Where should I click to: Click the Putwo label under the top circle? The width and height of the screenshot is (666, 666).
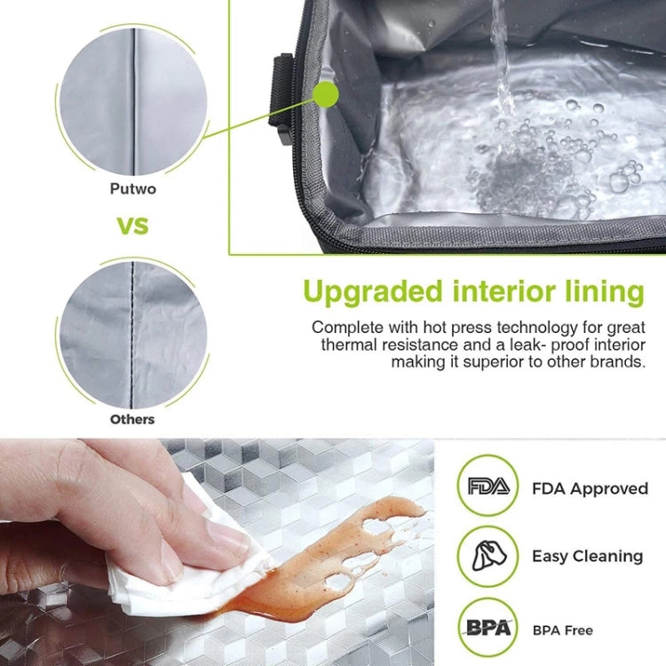(x=132, y=188)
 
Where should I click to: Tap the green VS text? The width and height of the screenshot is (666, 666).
(x=133, y=225)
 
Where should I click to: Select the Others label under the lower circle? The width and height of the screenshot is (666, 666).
(x=132, y=418)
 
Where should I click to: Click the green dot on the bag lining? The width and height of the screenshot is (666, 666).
(x=325, y=93)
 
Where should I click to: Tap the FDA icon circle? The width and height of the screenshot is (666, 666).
(x=487, y=487)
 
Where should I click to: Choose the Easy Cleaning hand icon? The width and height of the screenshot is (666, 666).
(x=487, y=556)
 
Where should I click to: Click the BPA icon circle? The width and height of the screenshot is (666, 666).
(x=487, y=627)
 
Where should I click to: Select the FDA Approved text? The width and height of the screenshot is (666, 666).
(x=590, y=488)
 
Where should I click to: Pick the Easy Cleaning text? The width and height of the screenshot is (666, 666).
(x=587, y=557)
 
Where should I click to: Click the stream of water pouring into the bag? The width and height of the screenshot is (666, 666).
(x=503, y=53)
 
